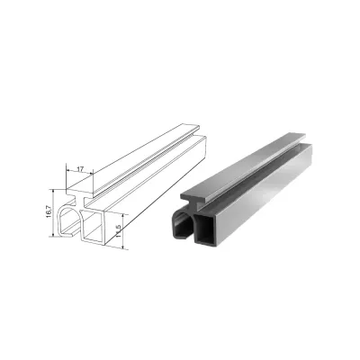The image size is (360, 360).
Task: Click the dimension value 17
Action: (x=80, y=169)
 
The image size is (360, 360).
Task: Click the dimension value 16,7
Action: (x=49, y=211)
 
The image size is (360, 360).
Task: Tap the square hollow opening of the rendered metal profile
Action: (x=205, y=228)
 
